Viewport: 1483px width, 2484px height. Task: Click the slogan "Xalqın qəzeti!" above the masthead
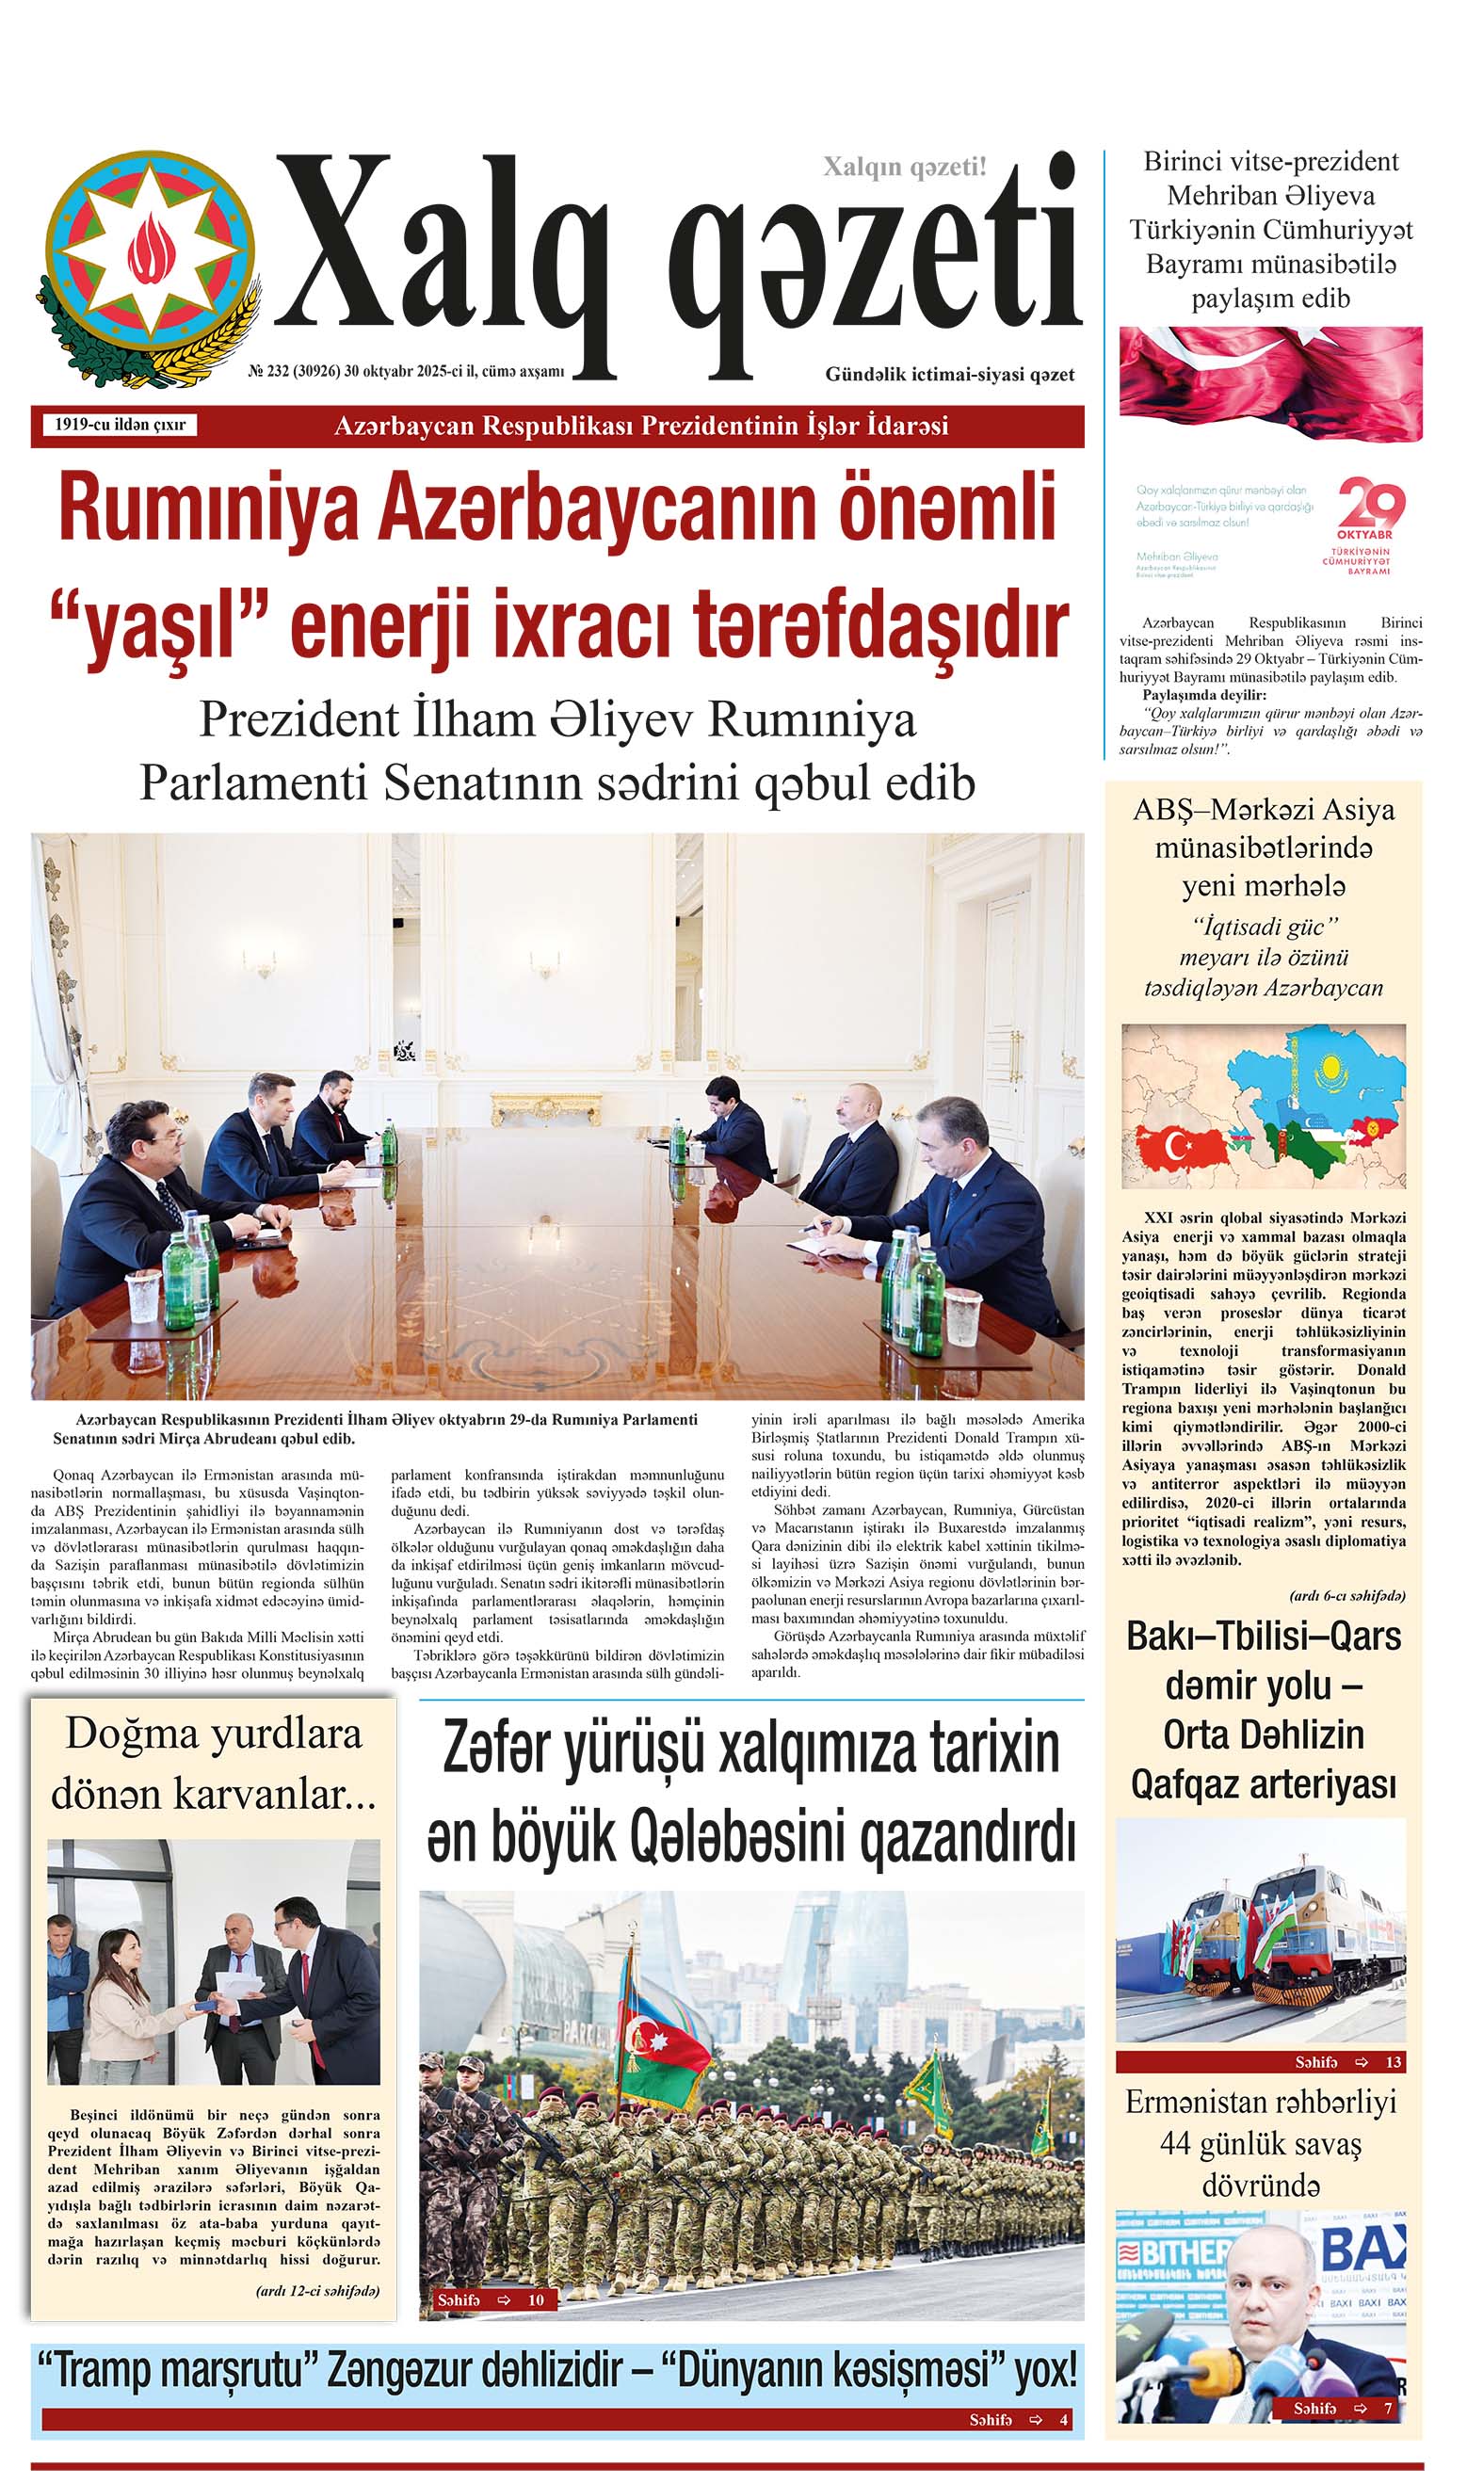pos(904,167)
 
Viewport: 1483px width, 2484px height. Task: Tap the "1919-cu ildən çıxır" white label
pos(120,425)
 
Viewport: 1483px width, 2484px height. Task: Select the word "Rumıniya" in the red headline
pos(208,508)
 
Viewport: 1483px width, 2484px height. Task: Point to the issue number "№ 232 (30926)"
pos(294,372)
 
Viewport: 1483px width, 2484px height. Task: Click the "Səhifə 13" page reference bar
pos(1260,2061)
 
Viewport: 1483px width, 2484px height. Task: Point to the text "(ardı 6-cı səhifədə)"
pos(1347,1596)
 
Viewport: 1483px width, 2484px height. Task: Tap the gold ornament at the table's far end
pos(545,1108)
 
